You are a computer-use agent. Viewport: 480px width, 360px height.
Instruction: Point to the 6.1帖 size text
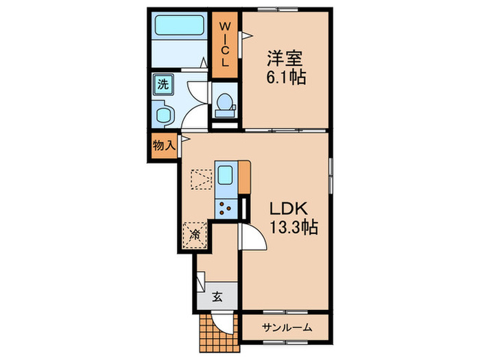pos(285,77)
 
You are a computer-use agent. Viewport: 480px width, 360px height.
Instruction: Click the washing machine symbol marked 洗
pos(163,85)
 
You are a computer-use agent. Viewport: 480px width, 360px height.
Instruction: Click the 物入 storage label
pos(165,145)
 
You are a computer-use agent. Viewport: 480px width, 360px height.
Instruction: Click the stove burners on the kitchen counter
pos(226,206)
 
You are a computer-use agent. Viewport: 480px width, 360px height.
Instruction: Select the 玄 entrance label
pos(217,297)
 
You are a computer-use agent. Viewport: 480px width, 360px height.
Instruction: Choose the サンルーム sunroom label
pos(287,328)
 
